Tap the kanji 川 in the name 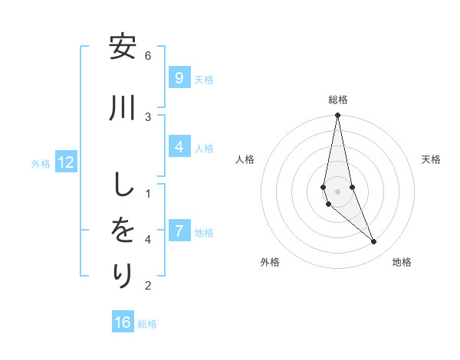coord(123,108)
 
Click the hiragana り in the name coord(123,274)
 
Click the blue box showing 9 coord(179,78)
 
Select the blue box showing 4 coord(179,147)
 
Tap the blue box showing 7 coord(179,231)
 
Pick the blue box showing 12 coord(66,162)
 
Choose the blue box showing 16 coord(123,322)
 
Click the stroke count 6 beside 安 coord(148,55)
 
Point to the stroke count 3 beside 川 coord(148,116)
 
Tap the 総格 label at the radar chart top coord(338,100)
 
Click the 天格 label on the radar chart coord(431,159)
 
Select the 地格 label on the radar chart coord(402,262)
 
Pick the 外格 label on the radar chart coord(270,262)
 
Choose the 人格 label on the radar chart coord(245,159)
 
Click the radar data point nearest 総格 coord(337,116)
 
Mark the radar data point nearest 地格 coord(374,242)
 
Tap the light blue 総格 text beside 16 coord(147,323)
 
